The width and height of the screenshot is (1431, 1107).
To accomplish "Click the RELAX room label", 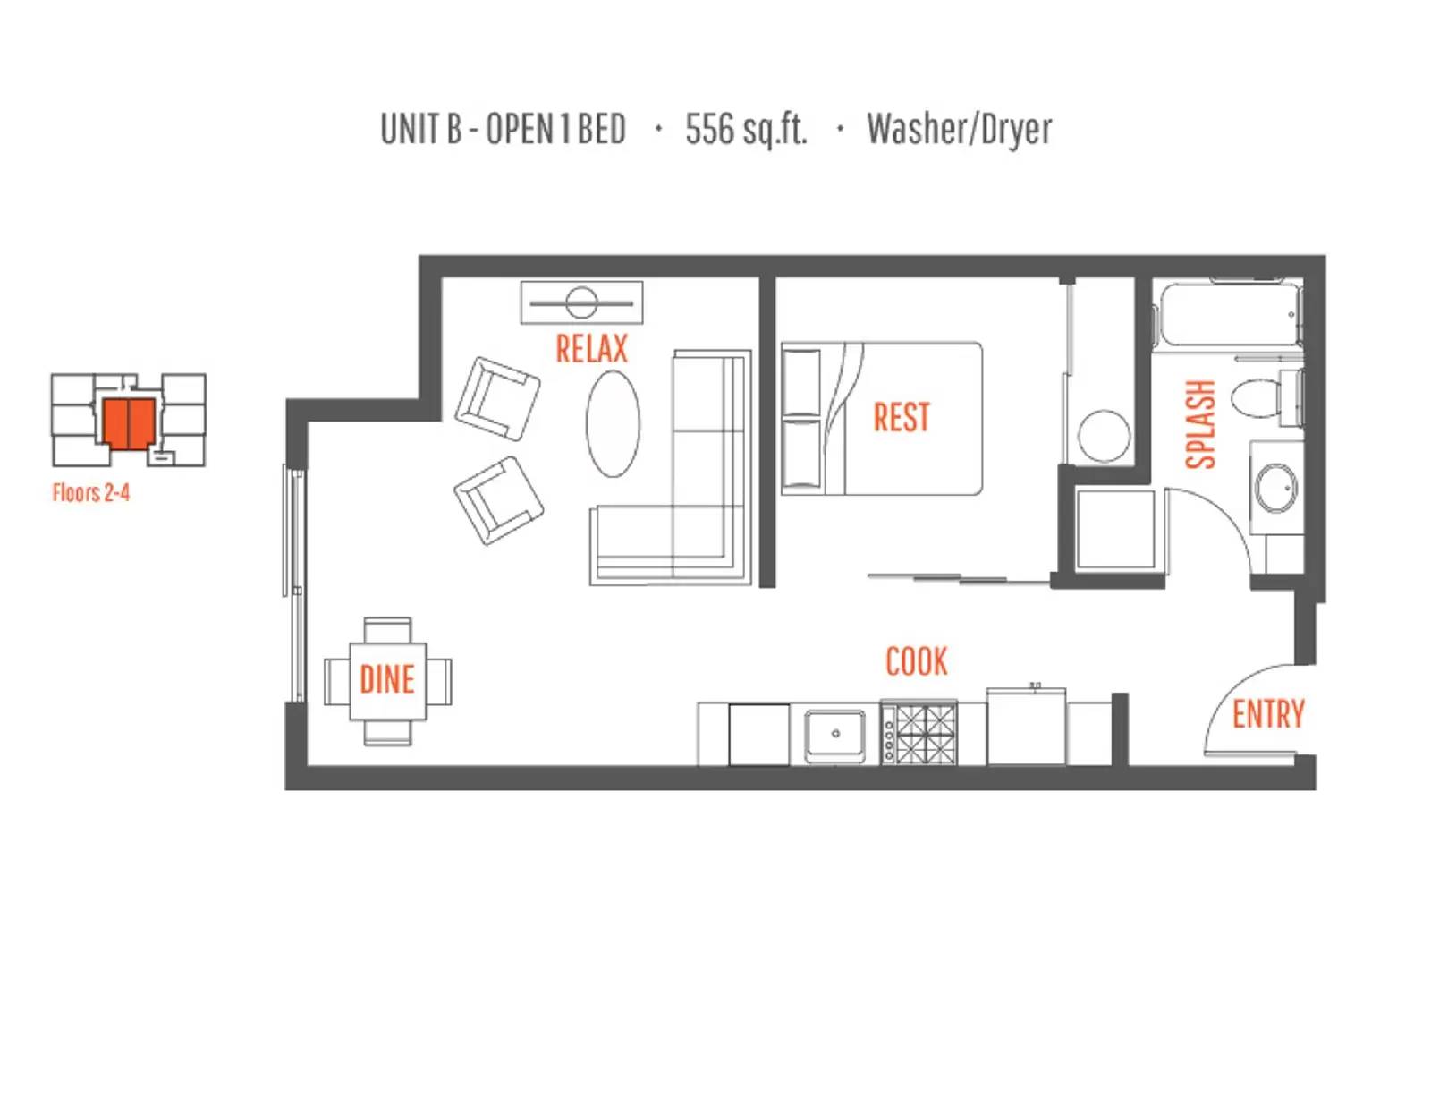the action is coord(591,349).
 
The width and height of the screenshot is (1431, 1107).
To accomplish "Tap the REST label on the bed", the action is coord(902,417).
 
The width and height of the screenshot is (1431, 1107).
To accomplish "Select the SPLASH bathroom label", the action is coord(1200,424).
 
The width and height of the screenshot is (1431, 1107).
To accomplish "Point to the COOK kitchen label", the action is coord(916,661).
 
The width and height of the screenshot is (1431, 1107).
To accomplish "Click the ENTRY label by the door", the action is coord(1268,714).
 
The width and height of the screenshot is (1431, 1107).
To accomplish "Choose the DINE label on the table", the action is coord(387,679).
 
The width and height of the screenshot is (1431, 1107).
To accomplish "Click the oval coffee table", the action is coord(613,423).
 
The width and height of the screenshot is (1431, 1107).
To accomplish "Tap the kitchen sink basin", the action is coord(835,736).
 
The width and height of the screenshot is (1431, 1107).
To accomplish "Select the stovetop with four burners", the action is coord(919,733).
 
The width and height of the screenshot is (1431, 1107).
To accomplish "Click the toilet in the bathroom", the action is coord(1265,398).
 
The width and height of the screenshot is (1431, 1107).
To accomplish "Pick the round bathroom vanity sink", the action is coord(1275,489).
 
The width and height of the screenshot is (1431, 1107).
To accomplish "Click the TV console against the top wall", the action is coord(581,302).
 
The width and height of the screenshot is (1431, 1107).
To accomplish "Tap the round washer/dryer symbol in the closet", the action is coord(1104,436).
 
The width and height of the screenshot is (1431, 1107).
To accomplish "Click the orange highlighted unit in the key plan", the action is coord(129,422).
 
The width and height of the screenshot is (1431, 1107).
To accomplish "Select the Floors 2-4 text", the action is coord(91,492).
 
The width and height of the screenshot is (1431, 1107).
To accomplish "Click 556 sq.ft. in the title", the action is coord(746,129).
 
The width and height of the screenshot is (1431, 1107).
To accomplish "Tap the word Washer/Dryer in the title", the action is coord(960,129).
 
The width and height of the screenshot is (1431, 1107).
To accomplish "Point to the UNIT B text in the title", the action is coord(421,129).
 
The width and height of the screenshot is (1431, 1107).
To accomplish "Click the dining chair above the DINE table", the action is coord(387,630).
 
